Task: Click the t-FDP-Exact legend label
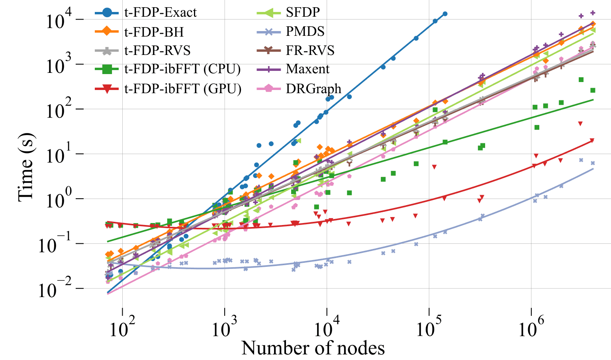[160, 12]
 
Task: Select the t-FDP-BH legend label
[154, 31]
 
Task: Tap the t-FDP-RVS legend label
[157, 51]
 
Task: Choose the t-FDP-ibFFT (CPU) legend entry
[182, 69]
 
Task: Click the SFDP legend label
[303, 12]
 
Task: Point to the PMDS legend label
[305, 31]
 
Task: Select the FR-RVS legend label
[310, 51]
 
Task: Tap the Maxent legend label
[307, 69]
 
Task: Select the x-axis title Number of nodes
[313, 348]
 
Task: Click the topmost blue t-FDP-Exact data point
[445, 14]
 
